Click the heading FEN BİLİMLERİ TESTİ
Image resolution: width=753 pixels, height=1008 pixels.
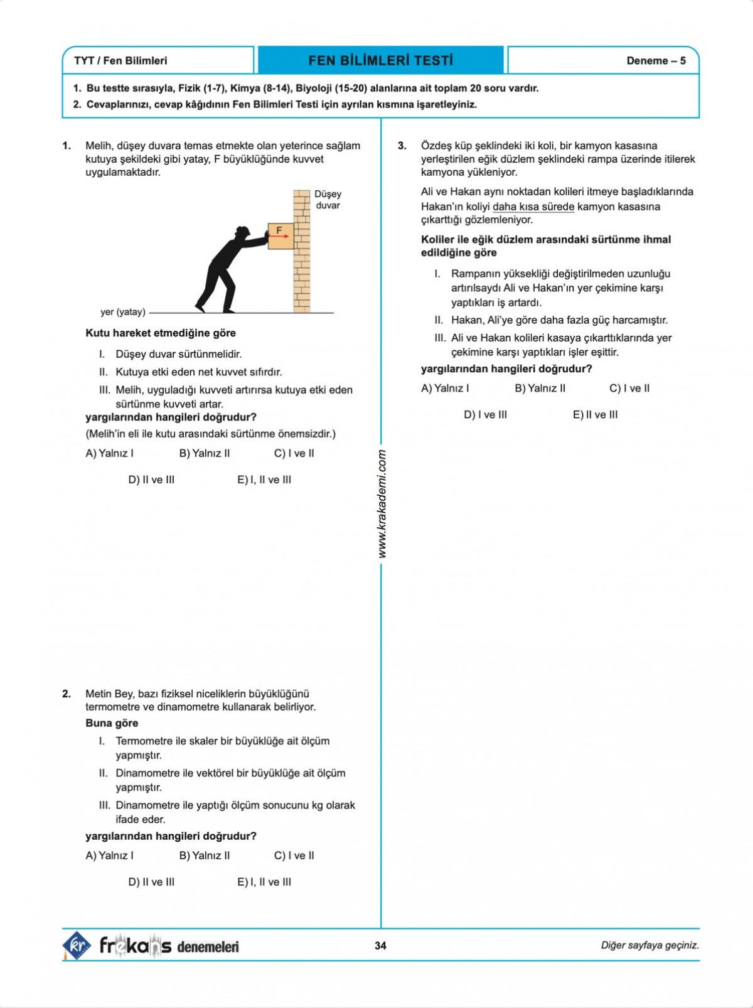tap(380, 61)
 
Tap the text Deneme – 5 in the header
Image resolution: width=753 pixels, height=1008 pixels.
tap(656, 61)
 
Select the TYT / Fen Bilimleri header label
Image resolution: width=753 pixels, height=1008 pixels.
tap(120, 61)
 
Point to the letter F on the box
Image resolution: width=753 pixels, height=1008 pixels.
tap(279, 230)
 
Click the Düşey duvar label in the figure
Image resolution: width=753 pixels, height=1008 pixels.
tap(328, 200)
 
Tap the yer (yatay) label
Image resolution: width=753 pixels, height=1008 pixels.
tap(123, 312)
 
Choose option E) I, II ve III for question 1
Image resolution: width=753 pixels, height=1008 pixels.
tap(264, 480)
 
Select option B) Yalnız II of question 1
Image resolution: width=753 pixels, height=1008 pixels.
tap(205, 453)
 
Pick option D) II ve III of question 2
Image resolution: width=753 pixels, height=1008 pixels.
tap(151, 882)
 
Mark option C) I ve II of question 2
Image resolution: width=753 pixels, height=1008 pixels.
tap(294, 855)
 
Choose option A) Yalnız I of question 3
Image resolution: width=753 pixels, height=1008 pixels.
tap(445, 388)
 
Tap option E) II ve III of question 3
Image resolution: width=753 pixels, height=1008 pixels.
tap(595, 414)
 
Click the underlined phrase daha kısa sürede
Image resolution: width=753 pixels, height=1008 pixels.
tap(533, 206)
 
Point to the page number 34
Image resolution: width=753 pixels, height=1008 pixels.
tap(380, 945)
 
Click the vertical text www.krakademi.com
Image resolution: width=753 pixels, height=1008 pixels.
tap(382, 504)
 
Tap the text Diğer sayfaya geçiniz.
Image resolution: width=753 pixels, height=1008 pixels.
tap(649, 945)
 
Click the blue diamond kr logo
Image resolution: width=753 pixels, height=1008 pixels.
tap(77, 945)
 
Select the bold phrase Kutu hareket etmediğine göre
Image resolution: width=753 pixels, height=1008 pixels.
tap(161, 333)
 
